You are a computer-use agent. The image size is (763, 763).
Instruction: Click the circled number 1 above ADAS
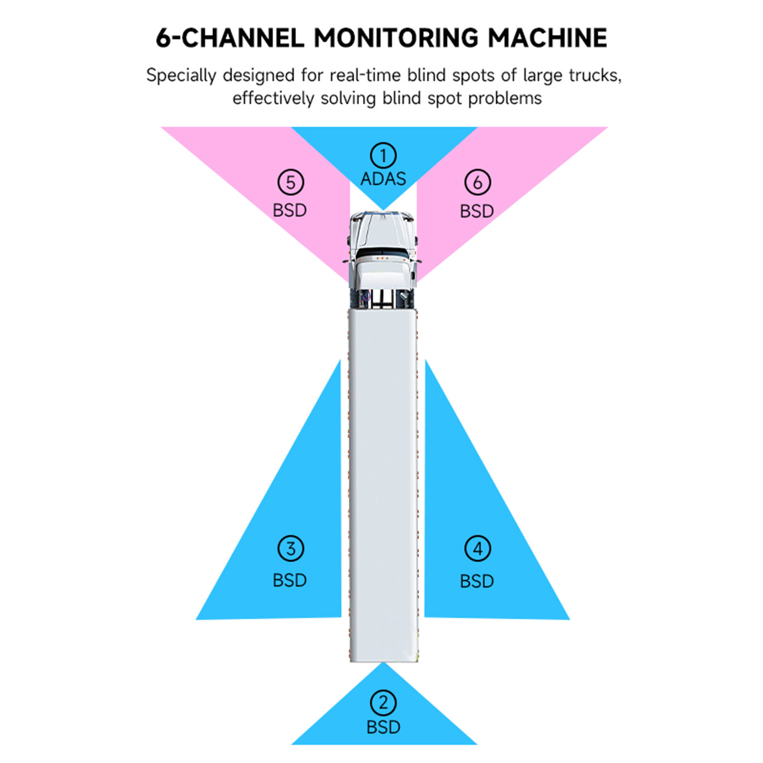coord(383,155)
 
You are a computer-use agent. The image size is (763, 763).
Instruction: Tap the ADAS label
coord(383,179)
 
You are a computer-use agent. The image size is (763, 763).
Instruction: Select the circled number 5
coord(290,182)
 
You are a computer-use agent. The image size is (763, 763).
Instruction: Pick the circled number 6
coord(477,182)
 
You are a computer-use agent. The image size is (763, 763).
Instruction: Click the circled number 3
coord(290,548)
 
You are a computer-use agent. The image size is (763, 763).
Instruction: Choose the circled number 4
coord(477,548)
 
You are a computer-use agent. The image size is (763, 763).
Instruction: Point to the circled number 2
coord(383,703)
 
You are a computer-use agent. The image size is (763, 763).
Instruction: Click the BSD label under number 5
coord(289,210)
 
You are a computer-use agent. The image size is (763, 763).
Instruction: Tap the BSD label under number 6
coord(476,211)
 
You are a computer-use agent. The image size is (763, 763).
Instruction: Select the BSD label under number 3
coord(289,580)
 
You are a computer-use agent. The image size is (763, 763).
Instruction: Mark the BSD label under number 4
coord(476,581)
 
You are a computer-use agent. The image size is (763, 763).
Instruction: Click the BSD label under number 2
coord(383,727)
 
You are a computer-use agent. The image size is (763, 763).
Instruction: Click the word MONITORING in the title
coord(396,38)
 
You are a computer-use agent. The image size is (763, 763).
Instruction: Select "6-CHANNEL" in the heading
coord(230,38)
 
